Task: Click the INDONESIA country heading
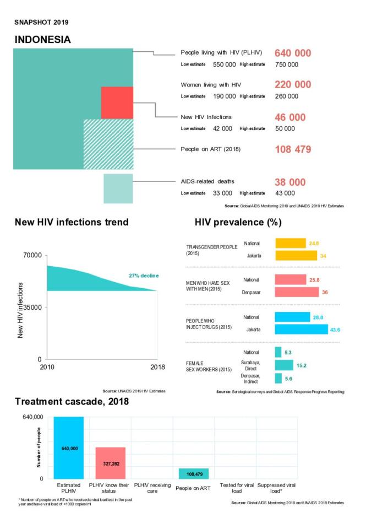point(42,40)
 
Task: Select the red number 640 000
point(293,53)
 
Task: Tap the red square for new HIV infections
point(117,102)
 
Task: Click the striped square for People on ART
point(107,144)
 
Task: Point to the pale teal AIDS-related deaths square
point(118,188)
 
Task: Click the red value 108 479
point(293,149)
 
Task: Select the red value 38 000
point(289,182)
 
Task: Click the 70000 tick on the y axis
point(32,256)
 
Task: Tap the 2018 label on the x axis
point(157,368)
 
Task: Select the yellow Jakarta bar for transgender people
point(296,256)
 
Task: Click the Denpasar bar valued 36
point(297,292)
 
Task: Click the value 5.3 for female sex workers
point(288,352)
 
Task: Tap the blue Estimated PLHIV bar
point(69,448)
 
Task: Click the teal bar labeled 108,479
point(194,474)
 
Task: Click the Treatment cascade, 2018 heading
point(72,402)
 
